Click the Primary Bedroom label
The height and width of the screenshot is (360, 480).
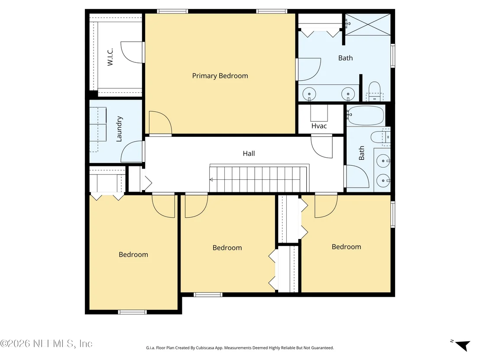pos(220,76)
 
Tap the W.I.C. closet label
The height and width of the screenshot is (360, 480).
pos(110,57)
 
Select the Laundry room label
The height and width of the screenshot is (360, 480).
pos(119,129)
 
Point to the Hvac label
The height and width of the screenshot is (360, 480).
pos(319,126)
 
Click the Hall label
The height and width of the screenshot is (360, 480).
pos(249,153)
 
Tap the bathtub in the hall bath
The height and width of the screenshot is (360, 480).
pos(366,115)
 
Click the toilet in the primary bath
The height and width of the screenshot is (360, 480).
pos(374,91)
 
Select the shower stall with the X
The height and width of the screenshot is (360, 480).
pos(368,25)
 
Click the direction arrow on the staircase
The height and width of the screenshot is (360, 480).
pos(211,180)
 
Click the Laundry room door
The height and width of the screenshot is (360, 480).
pos(132,152)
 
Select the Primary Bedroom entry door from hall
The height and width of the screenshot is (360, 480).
pos(160,123)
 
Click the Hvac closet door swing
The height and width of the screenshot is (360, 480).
pos(322,146)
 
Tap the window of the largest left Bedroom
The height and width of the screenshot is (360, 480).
pos(132,312)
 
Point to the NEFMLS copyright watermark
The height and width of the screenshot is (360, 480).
pos(46,344)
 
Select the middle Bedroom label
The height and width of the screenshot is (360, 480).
pos(227,248)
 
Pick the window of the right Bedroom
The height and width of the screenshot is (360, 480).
pos(393,214)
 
